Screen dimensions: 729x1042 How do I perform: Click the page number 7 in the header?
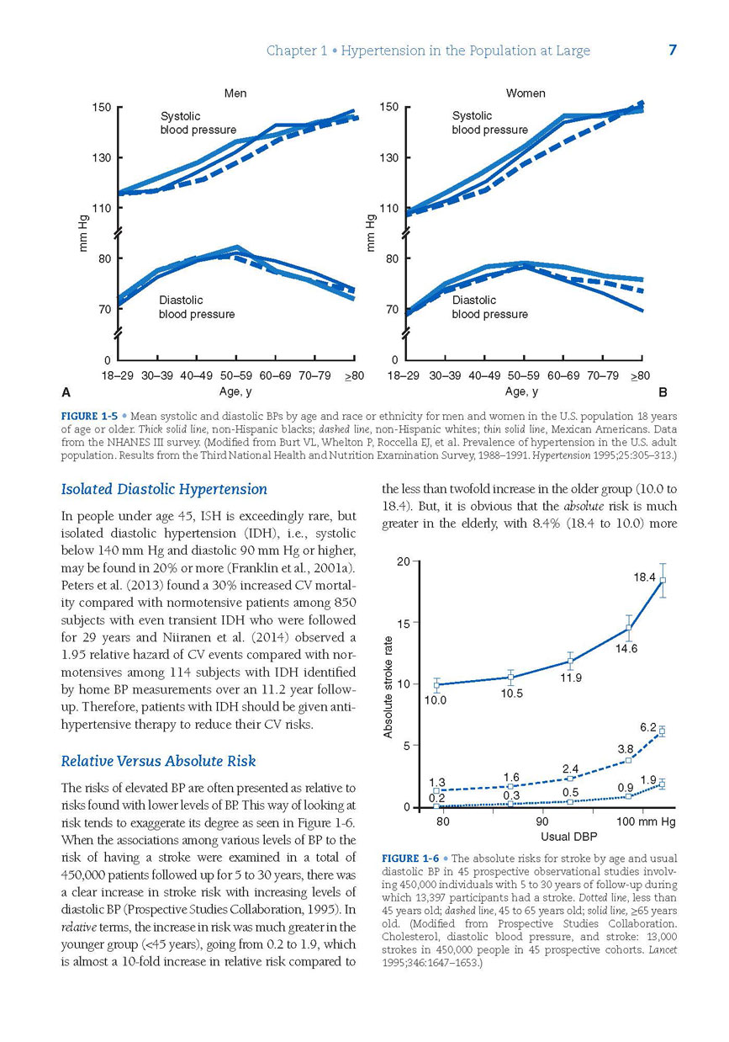pyautogui.click(x=672, y=50)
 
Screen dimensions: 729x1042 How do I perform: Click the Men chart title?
pyautogui.click(x=235, y=93)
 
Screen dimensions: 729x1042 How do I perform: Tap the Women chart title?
pyautogui.click(x=525, y=93)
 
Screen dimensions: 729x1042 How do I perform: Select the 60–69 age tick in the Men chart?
pyautogui.click(x=275, y=375)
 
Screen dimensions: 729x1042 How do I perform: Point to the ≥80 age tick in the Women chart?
pyautogui.click(x=640, y=375)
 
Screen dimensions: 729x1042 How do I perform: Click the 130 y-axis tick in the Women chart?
pyautogui.click(x=388, y=157)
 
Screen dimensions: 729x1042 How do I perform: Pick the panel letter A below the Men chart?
pyautogui.click(x=66, y=392)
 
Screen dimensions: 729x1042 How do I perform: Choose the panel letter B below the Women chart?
pyautogui.click(x=663, y=392)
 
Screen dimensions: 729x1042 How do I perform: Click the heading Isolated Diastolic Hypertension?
pyautogui.click(x=164, y=489)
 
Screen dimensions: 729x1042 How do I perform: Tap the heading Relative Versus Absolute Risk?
pyautogui.click(x=158, y=761)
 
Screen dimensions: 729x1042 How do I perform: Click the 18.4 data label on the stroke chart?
pyautogui.click(x=644, y=577)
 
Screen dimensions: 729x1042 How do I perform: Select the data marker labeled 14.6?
pyautogui.click(x=628, y=628)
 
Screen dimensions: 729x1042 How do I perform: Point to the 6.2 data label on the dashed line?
pyautogui.click(x=648, y=727)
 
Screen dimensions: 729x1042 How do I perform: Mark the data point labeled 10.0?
pyautogui.click(x=436, y=685)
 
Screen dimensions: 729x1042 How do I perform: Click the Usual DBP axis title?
pyautogui.click(x=568, y=837)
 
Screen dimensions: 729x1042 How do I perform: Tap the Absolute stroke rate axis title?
pyautogui.click(x=388, y=687)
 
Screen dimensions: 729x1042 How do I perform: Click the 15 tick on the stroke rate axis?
pyautogui.click(x=404, y=624)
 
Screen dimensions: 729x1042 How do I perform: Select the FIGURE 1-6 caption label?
pyautogui.click(x=410, y=859)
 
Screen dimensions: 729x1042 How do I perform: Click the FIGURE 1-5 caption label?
pyautogui.click(x=89, y=416)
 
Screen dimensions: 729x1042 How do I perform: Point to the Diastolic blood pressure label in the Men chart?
pyautogui.click(x=197, y=307)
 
